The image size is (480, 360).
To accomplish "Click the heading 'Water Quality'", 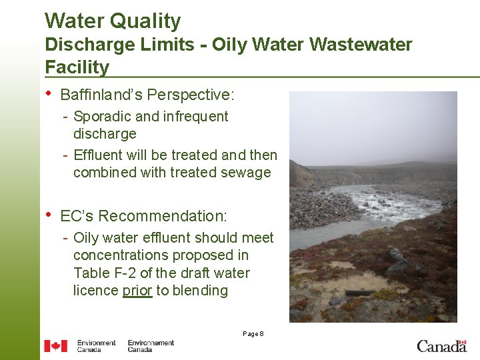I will [113, 21].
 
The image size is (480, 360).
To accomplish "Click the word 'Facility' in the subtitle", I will [77, 67].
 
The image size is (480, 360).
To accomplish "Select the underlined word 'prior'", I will [137, 291].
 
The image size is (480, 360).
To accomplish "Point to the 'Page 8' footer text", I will [253, 333].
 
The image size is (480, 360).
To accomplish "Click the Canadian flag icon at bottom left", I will [56, 346].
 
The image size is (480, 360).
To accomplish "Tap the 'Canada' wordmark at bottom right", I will [441, 346].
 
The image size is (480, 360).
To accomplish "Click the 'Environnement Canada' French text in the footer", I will [151, 346].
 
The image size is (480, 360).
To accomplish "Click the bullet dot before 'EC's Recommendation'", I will [48, 215].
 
